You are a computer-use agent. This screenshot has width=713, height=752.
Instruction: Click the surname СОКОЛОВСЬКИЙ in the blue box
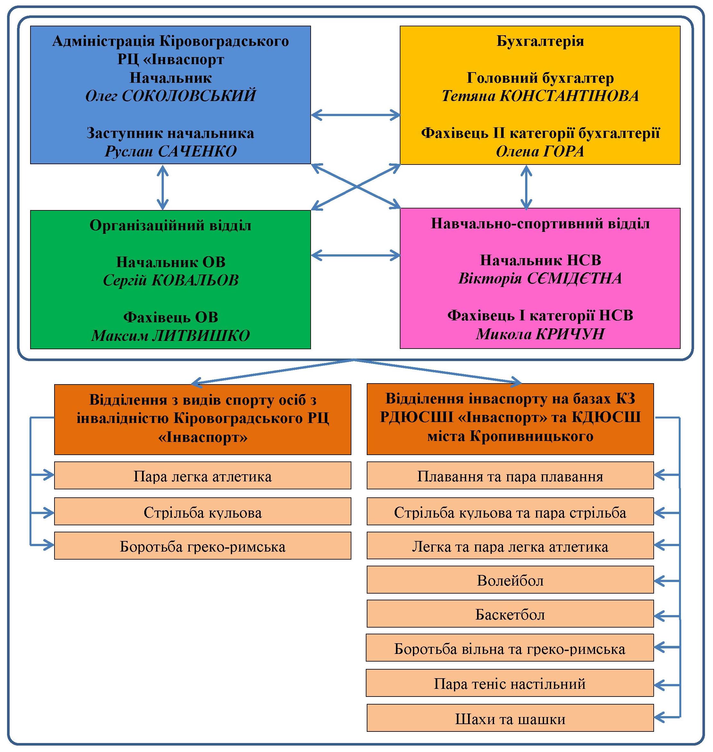point(189,96)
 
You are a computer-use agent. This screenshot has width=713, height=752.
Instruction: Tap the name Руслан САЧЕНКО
point(171,151)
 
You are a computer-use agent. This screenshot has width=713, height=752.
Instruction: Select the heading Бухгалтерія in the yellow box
point(540,41)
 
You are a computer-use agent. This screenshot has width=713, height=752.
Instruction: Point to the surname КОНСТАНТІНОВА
point(569,96)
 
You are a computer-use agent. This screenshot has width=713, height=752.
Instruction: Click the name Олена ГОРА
point(540,151)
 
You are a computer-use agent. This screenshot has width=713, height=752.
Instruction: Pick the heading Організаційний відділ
point(171,225)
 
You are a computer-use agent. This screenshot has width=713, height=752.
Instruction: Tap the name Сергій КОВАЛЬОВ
point(171,280)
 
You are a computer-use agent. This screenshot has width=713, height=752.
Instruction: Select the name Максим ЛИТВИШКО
point(171,335)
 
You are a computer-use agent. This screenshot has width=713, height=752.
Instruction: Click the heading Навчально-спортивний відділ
point(540,224)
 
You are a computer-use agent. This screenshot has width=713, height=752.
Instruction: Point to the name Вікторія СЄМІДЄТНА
point(540,278)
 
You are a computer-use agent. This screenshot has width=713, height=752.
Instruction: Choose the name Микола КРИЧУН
point(540,334)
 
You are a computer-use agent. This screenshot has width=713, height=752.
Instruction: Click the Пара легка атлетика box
point(203,475)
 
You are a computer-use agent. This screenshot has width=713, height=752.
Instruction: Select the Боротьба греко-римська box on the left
point(203,545)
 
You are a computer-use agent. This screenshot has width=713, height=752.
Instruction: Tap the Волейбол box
point(510,580)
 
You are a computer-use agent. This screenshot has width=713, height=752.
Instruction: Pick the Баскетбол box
point(510,614)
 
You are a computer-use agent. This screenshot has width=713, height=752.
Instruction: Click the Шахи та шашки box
point(510,719)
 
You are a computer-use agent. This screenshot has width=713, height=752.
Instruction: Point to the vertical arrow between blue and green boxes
point(163,187)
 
